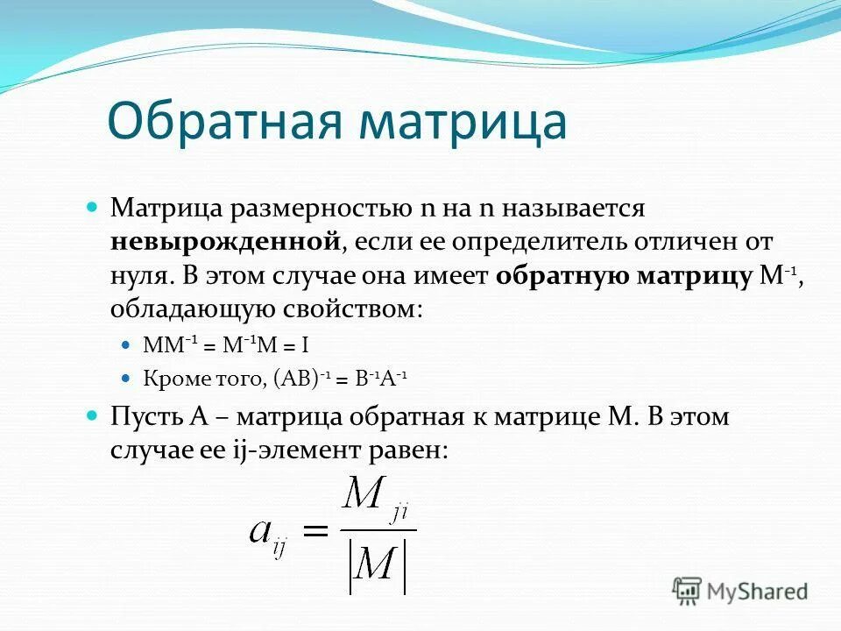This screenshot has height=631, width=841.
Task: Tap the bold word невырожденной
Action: [x=225, y=239]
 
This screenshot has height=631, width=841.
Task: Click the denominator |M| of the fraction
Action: [x=378, y=566]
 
